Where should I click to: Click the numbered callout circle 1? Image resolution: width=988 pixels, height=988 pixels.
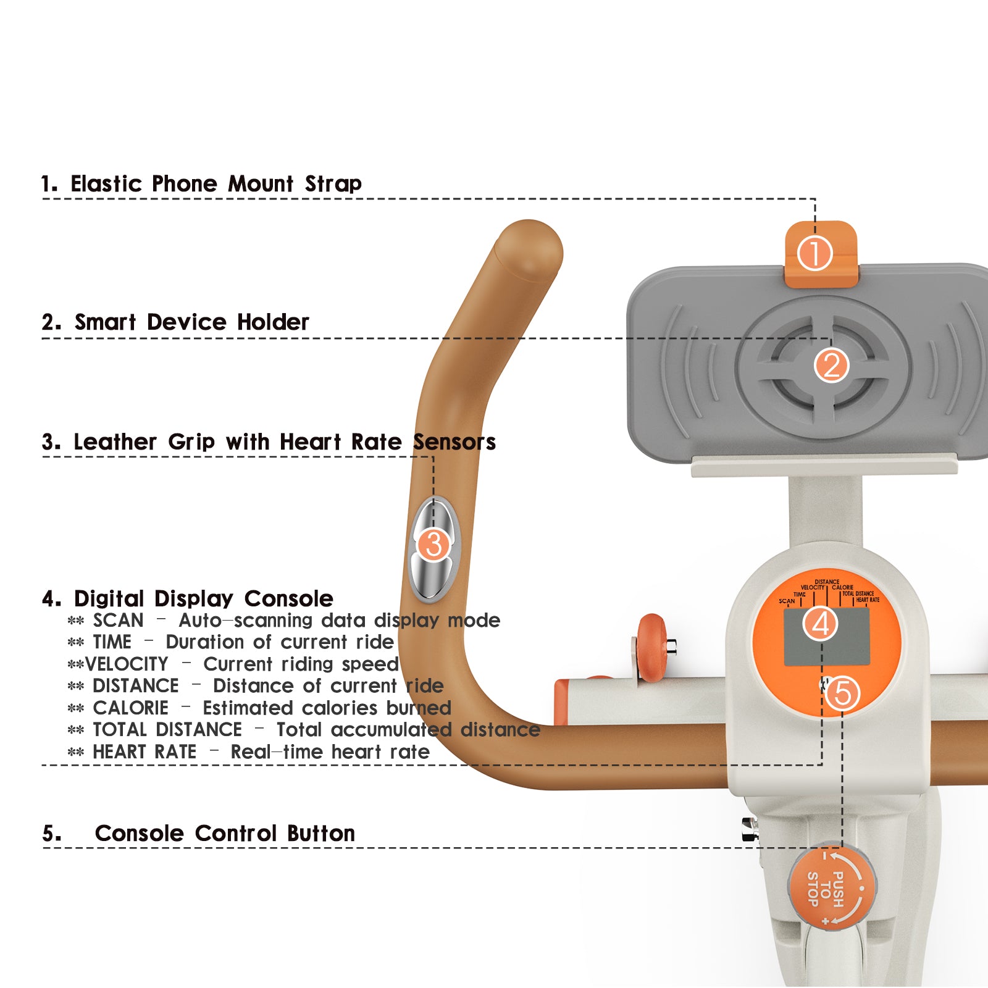click(x=814, y=254)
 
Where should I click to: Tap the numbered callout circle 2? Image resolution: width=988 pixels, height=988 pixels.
click(x=831, y=365)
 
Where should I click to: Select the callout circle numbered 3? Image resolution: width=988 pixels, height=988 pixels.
click(x=433, y=545)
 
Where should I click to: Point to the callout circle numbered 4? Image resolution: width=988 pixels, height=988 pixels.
click(x=820, y=624)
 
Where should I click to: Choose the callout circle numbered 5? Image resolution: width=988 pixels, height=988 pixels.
click(x=842, y=693)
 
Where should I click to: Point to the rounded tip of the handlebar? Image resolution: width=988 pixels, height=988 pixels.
click(x=529, y=247)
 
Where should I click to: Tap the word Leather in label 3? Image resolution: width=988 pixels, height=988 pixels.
click(x=115, y=442)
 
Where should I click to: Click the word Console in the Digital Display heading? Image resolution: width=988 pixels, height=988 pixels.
click(x=288, y=599)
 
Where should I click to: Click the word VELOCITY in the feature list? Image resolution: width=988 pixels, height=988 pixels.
click(x=127, y=664)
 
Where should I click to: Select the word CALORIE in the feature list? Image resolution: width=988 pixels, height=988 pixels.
click(x=130, y=708)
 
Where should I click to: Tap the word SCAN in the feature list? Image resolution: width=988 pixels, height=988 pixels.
click(x=118, y=621)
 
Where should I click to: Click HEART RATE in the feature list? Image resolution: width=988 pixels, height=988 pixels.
click(x=144, y=752)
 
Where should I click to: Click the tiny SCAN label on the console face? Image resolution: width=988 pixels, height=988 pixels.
click(x=787, y=601)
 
